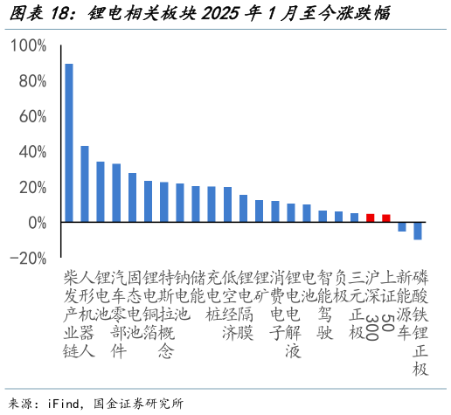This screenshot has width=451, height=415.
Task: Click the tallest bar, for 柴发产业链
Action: (x=69, y=143)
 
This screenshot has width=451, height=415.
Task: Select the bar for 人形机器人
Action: (x=85, y=184)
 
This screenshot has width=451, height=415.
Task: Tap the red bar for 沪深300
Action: (x=370, y=218)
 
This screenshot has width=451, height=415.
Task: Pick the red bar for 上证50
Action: (x=385, y=218)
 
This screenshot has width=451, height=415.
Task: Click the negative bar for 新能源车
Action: (x=401, y=227)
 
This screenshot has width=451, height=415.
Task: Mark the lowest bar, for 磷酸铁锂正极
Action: (x=418, y=232)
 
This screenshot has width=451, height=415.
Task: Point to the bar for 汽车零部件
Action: (x=116, y=193)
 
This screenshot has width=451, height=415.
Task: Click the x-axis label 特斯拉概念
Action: (x=163, y=315)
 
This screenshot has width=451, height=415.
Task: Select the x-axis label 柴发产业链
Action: (x=69, y=315)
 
